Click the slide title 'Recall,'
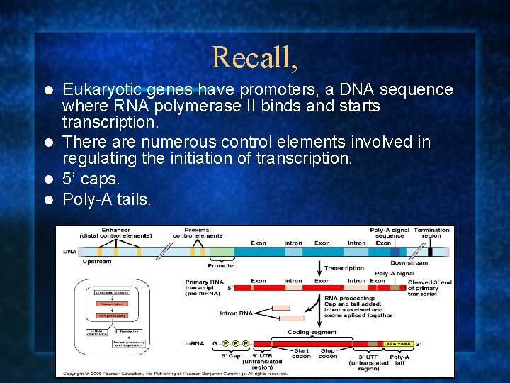[x=254, y=57]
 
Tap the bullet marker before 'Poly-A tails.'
[x=48, y=201]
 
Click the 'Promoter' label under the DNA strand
[x=222, y=265]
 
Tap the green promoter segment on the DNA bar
[x=222, y=252]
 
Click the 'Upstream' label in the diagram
[x=96, y=262]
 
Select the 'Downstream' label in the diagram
[x=409, y=263]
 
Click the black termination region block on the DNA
[x=429, y=251]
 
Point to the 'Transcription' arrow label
[x=344, y=268]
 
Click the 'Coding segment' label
[x=312, y=332]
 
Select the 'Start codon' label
[x=301, y=353]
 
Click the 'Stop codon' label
[x=327, y=353]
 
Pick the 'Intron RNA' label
[x=236, y=313]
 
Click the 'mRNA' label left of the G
[x=194, y=343]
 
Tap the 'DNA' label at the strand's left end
[x=69, y=252]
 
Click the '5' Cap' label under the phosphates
[x=231, y=356]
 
